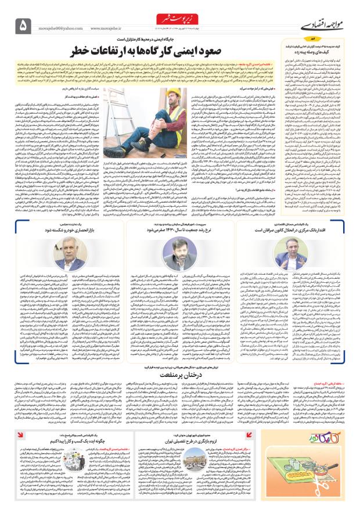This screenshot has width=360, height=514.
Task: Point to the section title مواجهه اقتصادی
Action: pos(323,26)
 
